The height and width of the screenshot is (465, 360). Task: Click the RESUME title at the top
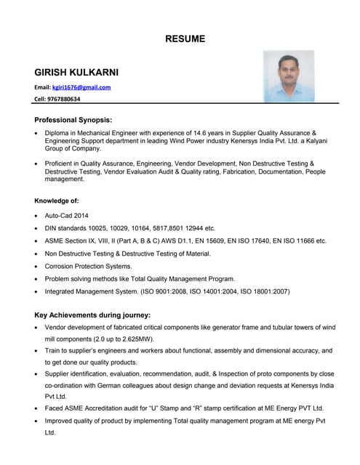(185, 39)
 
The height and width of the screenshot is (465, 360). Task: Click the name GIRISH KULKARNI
(76, 73)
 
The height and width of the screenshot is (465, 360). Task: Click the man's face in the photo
(289, 70)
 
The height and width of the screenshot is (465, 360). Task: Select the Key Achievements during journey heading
(92, 315)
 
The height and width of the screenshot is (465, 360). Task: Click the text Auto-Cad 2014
(65, 216)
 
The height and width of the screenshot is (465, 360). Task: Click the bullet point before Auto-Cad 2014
(37, 217)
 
